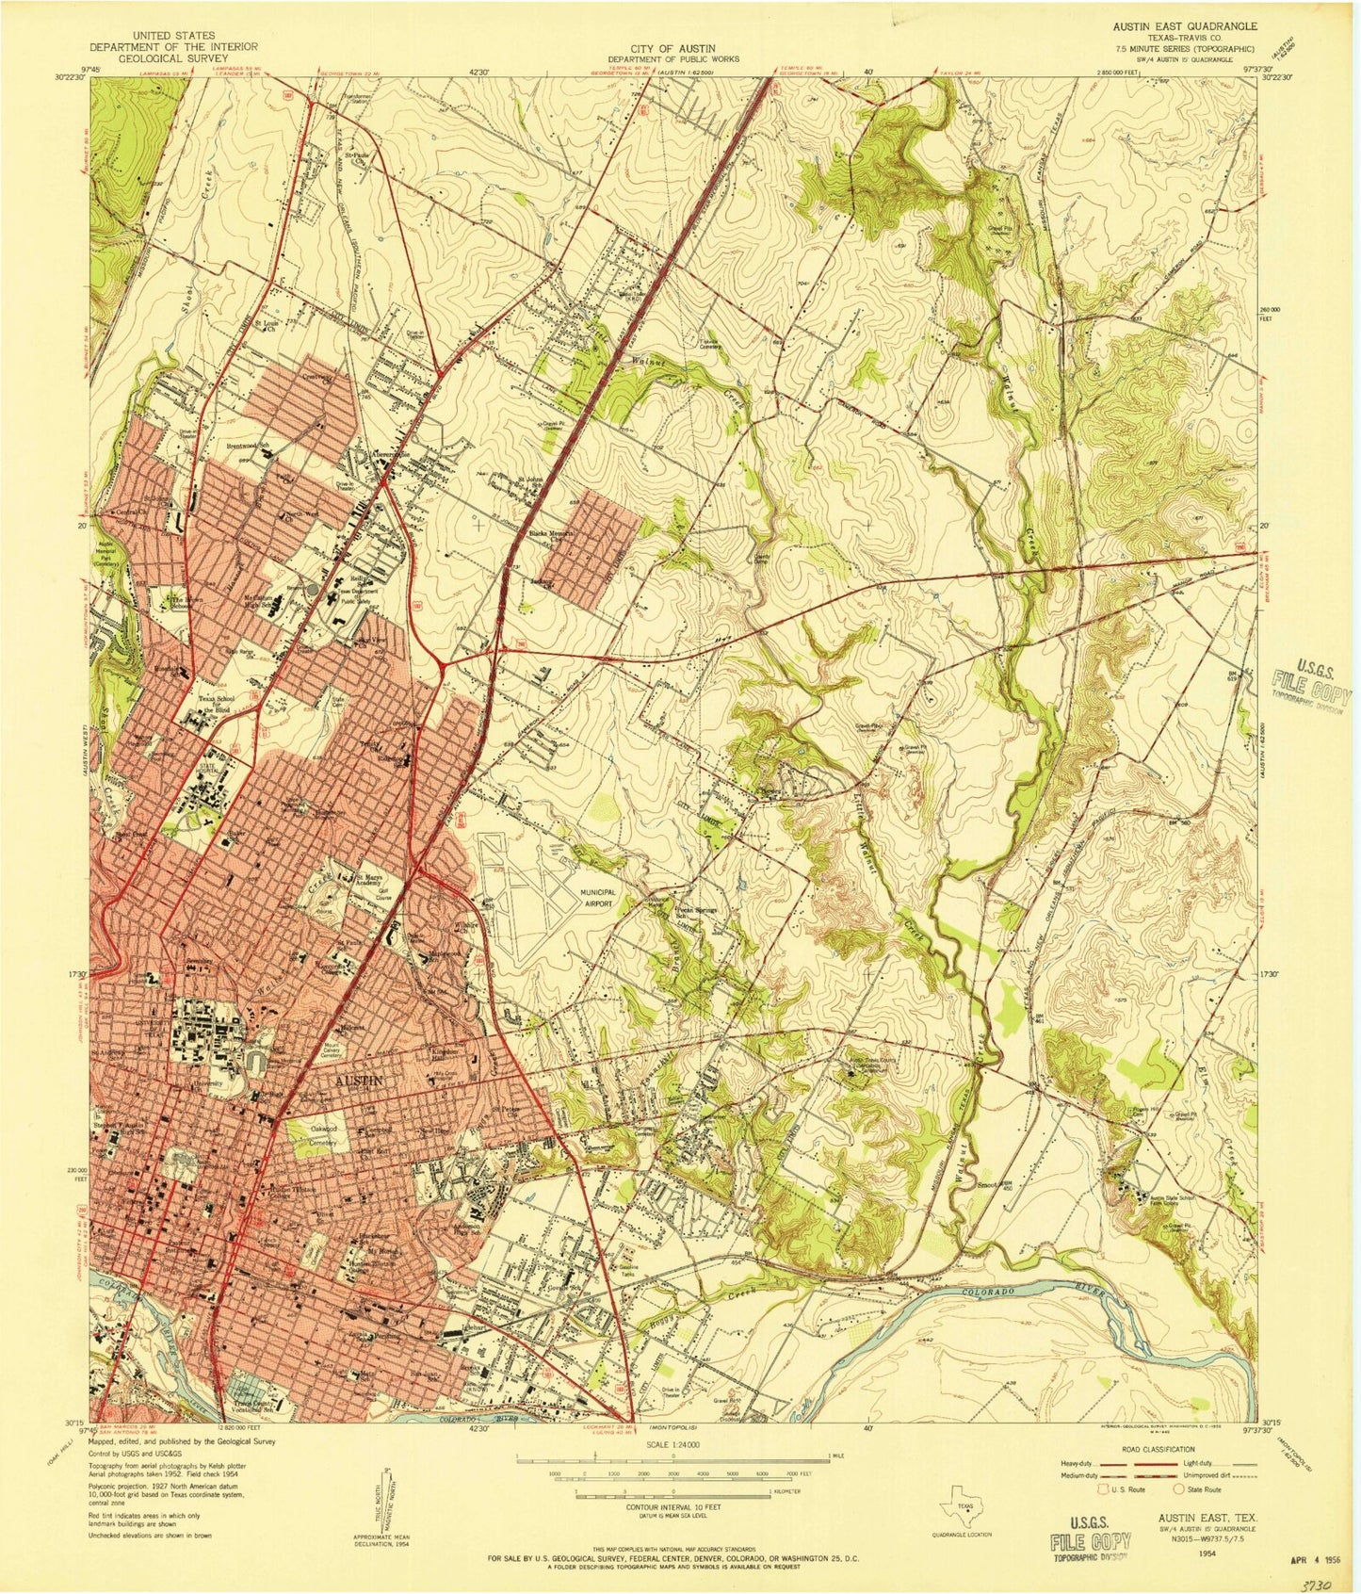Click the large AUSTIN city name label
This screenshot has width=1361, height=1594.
point(359,1082)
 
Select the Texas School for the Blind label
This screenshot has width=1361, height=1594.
point(193,702)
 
